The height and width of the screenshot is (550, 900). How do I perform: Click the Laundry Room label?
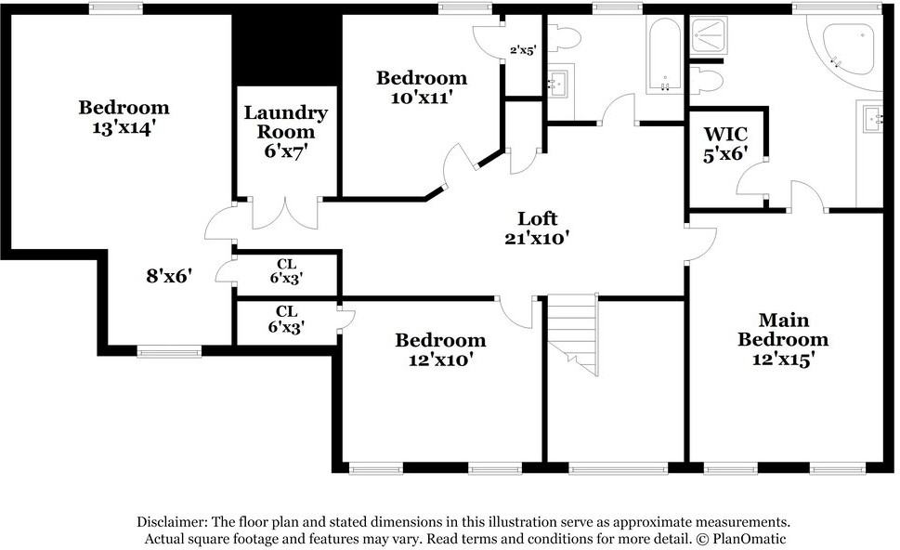tap(286, 122)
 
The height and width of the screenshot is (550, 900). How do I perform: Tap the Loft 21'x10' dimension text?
tap(537, 238)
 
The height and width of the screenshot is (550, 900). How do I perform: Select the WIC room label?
tap(725, 134)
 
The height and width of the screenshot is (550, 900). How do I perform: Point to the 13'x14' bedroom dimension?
tap(124, 127)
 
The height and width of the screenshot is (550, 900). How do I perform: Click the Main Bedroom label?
tap(783, 329)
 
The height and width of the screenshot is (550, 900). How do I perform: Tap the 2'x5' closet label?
tap(522, 50)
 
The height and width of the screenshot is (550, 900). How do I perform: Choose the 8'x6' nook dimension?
tap(168, 276)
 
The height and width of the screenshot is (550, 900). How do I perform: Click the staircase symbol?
tap(572, 334)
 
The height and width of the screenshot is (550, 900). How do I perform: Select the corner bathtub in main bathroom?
tap(847, 52)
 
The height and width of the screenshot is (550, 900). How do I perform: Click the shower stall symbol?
tap(709, 35)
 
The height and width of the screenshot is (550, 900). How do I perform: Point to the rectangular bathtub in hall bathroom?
tap(664, 55)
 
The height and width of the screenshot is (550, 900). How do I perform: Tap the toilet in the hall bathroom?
tap(564, 38)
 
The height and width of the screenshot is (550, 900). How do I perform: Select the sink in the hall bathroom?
tap(557, 85)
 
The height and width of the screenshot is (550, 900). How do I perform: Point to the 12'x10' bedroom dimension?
tap(440, 360)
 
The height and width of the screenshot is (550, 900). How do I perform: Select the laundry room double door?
tap(285, 214)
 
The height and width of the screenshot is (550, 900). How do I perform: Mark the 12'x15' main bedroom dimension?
tap(784, 360)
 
